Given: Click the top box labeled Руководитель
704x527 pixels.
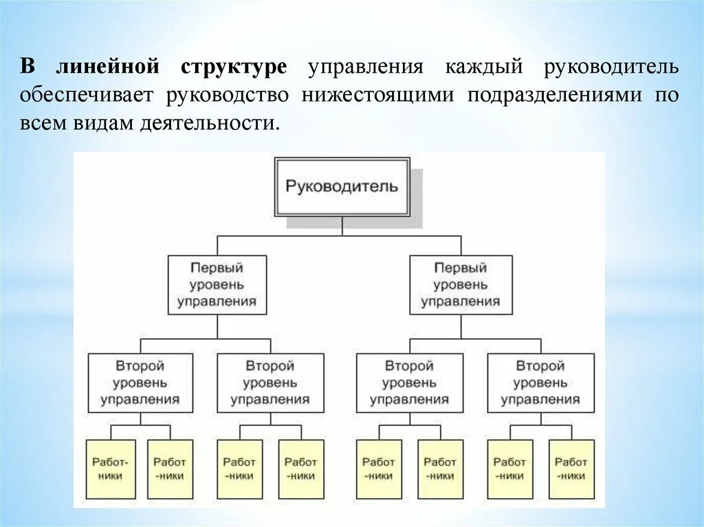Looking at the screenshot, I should pos(342,186).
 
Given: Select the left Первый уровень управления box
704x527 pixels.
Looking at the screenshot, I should pos(217,284).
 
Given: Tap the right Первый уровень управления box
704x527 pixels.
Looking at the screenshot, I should pos(461,284).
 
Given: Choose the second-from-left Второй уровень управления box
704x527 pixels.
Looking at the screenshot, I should pos(269,383).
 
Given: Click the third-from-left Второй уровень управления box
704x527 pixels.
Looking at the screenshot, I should pos(408,383).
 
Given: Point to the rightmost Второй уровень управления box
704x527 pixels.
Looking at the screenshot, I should pos(540,383).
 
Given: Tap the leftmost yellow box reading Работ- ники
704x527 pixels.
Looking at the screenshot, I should pos(107,469).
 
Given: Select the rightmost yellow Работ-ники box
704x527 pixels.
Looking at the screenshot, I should pos(571,469).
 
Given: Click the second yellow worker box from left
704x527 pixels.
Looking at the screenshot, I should pos(169,469).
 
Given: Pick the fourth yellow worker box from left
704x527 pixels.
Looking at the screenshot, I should pos(300,469).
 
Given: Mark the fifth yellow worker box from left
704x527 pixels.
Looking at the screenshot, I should pos(378,469).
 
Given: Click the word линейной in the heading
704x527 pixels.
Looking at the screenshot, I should pos(108,67).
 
